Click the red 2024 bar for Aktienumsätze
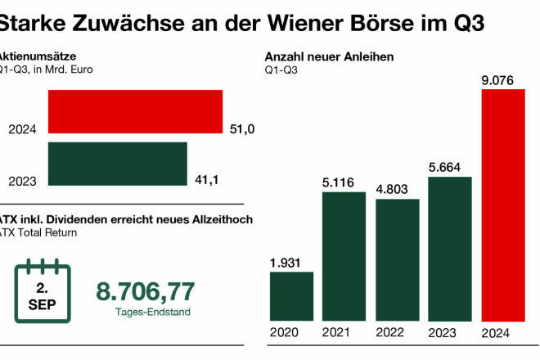pyautogui.click(x=135, y=111)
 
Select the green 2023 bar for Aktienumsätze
pyautogui.click(x=117, y=164)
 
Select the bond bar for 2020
pyautogui.click(x=291, y=295)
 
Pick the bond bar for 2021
pyautogui.click(x=344, y=255)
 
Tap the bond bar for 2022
pyautogui.click(x=397, y=259)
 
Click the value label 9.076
pyautogui.click(x=502, y=80)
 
